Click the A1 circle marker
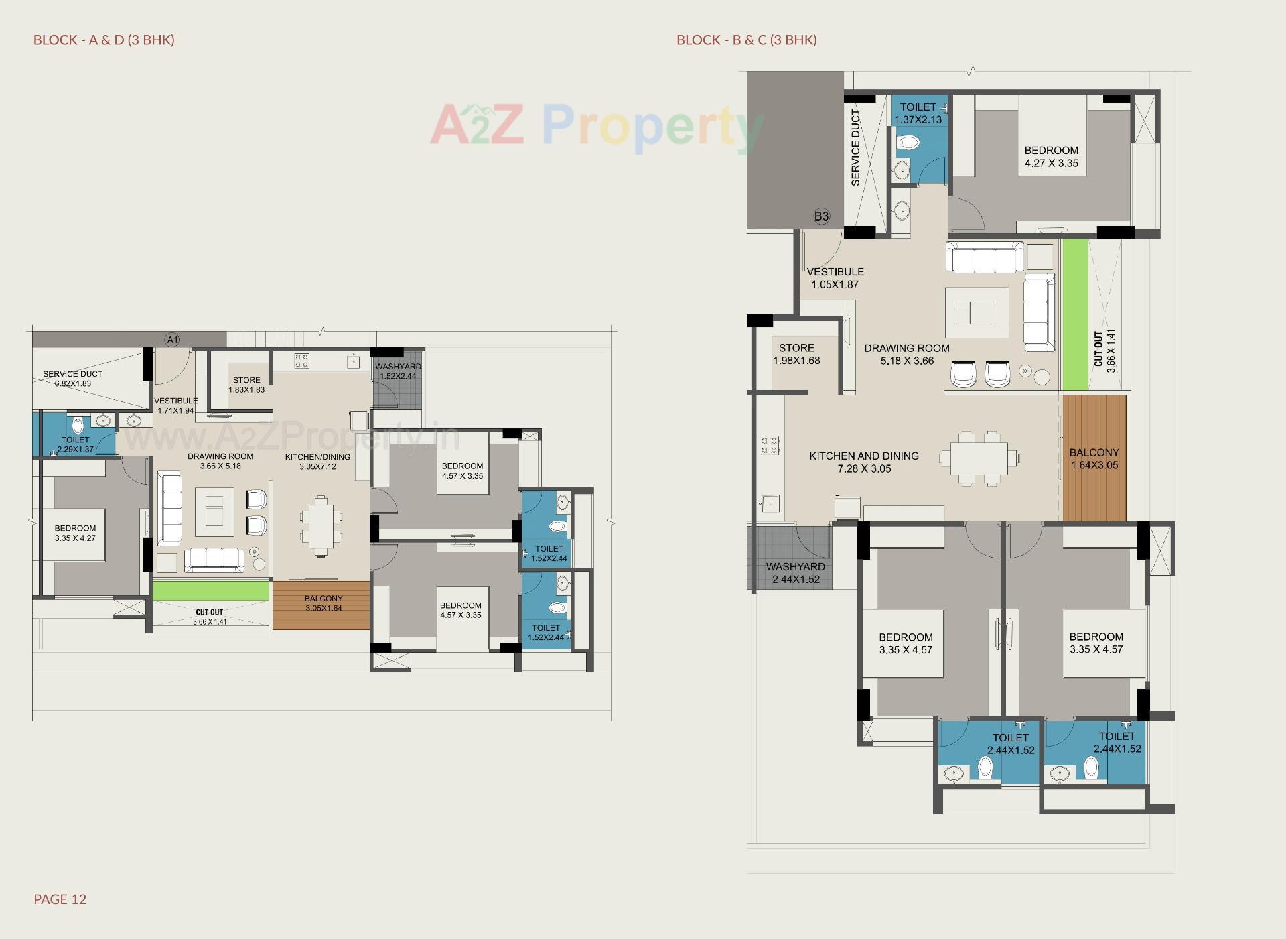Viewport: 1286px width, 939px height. click(172, 340)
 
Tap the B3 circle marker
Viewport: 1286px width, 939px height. click(821, 216)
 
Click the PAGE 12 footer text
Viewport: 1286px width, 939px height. click(60, 899)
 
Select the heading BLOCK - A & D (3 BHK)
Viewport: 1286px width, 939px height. click(104, 40)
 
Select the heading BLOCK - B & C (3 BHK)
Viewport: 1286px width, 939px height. click(746, 40)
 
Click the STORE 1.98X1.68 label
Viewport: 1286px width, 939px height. click(796, 354)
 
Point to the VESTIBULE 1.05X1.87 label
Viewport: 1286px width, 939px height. click(835, 278)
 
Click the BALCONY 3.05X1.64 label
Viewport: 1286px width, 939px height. click(323, 603)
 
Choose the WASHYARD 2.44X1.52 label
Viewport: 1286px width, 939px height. click(795, 573)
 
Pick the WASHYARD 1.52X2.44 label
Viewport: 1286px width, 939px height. click(398, 371)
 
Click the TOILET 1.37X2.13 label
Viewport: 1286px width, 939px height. click(918, 113)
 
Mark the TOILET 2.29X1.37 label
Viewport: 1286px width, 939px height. click(75, 444)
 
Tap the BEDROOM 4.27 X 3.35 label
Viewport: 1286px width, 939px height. click(1051, 157)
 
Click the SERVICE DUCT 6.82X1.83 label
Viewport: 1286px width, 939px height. click(72, 379)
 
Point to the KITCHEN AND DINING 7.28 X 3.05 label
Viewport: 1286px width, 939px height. click(863, 462)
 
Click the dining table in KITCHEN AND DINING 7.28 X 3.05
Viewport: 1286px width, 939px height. click(979, 459)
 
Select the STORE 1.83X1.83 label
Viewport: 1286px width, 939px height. click(246, 385)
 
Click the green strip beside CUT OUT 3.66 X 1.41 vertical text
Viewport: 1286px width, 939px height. click(1074, 315)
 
